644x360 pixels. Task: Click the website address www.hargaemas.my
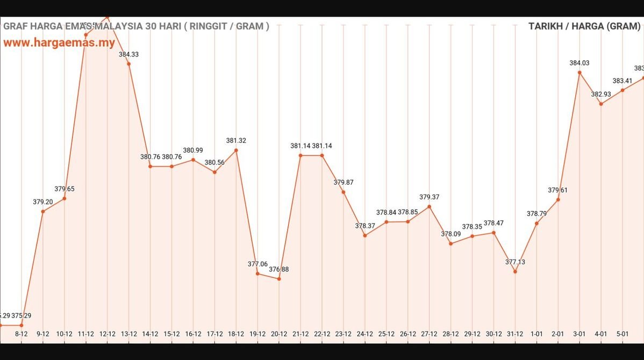click(x=59, y=43)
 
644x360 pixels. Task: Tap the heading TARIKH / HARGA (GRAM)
click(x=584, y=26)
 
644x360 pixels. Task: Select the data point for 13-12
click(x=128, y=64)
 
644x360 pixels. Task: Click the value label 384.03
click(x=579, y=63)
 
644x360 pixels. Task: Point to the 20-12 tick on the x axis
click(x=279, y=334)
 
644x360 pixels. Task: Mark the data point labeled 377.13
click(x=515, y=271)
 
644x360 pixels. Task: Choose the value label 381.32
click(x=236, y=140)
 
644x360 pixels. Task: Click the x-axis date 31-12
click(x=515, y=334)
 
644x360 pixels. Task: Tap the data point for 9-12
click(x=43, y=211)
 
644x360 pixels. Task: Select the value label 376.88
click(x=279, y=269)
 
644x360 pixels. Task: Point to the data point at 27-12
click(x=429, y=206)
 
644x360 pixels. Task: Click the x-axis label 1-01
click(x=536, y=334)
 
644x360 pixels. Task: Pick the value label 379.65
click(x=65, y=189)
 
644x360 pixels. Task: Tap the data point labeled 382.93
click(x=601, y=104)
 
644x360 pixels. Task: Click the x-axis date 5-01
click(x=622, y=334)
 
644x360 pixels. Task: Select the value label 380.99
click(x=193, y=150)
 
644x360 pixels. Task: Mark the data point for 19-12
click(x=257, y=273)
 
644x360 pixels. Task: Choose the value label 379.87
click(x=344, y=182)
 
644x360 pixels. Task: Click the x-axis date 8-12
click(x=22, y=334)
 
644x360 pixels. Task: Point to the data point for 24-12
click(x=365, y=235)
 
